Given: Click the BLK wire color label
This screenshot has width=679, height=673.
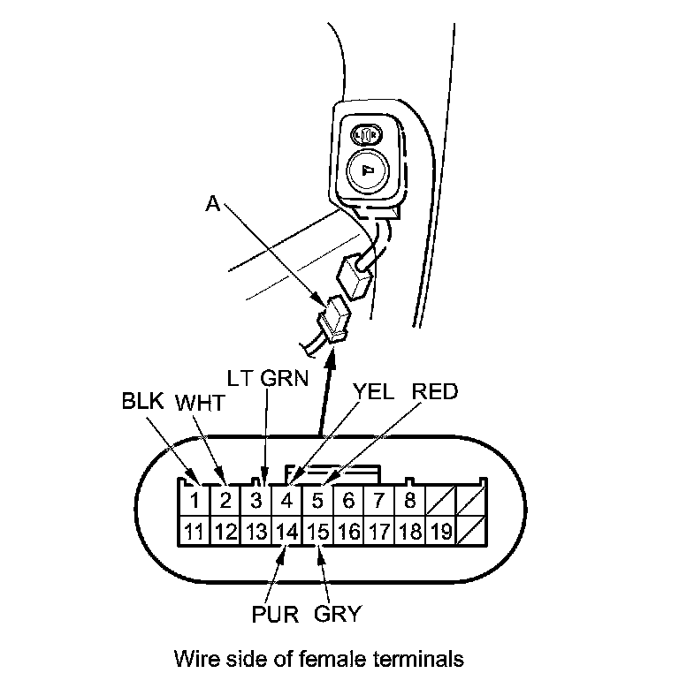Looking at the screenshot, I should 142,401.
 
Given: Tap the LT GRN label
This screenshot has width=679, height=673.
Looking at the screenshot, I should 267,379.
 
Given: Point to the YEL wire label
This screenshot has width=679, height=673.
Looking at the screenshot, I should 375,390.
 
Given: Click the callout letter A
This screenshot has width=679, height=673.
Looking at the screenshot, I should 212,203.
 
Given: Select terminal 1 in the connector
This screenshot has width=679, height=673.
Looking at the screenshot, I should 195,502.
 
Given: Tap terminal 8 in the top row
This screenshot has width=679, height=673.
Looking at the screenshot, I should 409,502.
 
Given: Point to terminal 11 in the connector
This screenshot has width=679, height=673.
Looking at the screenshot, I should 195,532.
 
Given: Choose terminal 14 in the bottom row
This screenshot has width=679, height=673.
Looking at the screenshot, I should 286,532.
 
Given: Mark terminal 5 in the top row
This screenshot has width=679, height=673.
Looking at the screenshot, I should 317,502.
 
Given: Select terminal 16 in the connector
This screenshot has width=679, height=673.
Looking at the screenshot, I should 348,532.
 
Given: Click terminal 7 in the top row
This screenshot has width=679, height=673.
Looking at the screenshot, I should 378,502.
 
